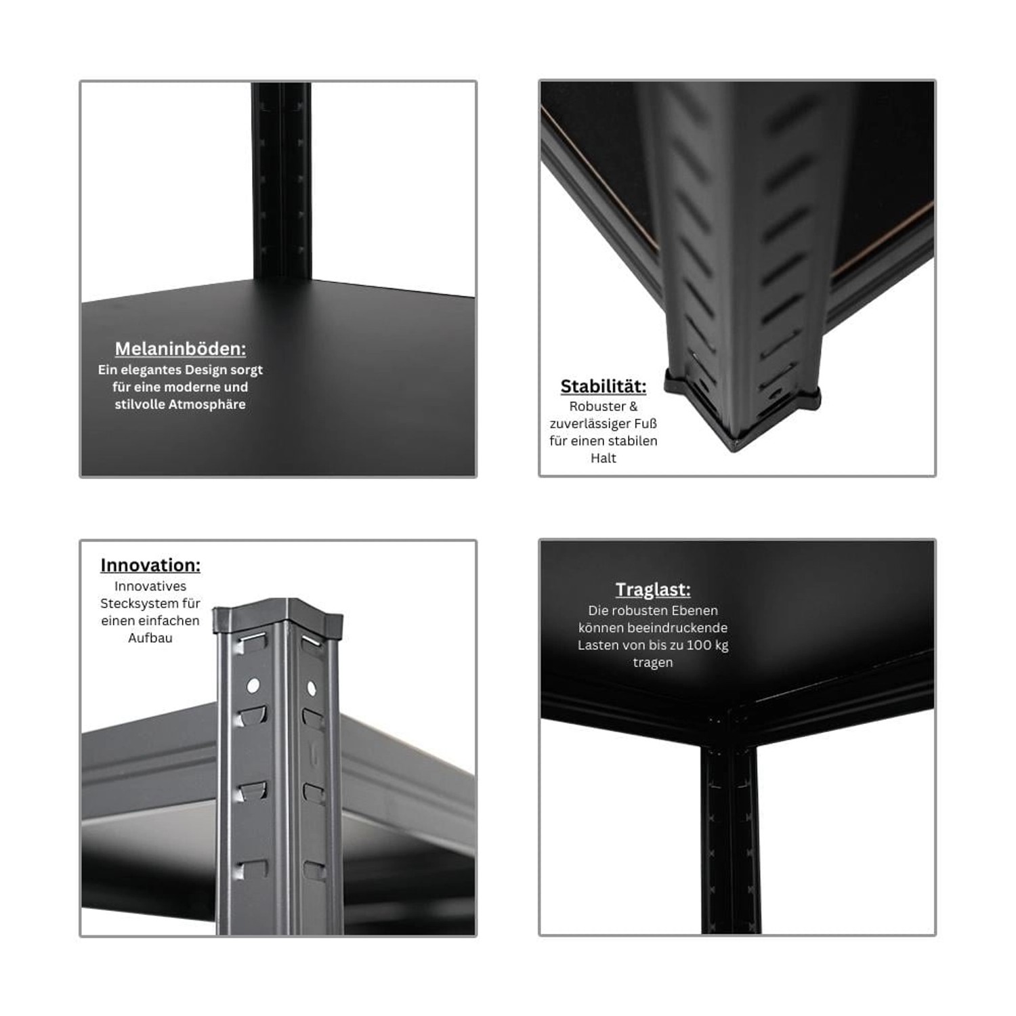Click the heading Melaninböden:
(x=180, y=349)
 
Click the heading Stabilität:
(x=604, y=386)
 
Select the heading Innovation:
(x=150, y=565)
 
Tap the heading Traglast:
(x=653, y=589)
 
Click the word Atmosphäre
(x=207, y=404)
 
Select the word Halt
(x=604, y=458)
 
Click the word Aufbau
(x=150, y=637)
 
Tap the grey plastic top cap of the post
(x=278, y=616)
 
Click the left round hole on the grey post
(x=253, y=685)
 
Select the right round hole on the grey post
(x=312, y=689)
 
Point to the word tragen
(x=653, y=662)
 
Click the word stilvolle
(x=140, y=404)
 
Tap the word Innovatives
(x=150, y=586)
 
